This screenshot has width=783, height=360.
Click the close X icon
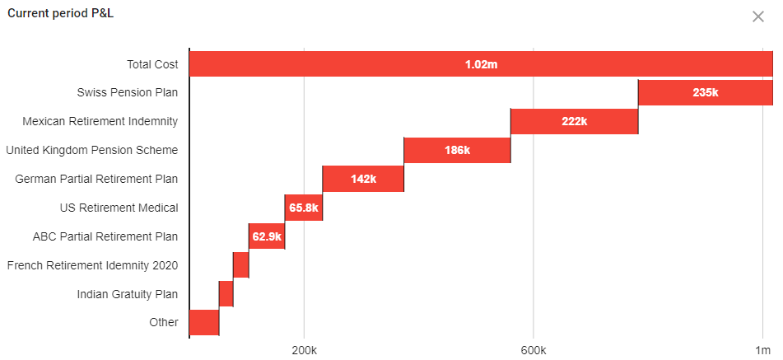pyautogui.click(x=758, y=16)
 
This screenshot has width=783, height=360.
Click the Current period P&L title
pyautogui.click(x=60, y=14)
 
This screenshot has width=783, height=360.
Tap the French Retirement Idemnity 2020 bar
pyautogui.click(x=240, y=265)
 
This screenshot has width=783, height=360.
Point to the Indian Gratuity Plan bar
pyautogui.click(x=226, y=293)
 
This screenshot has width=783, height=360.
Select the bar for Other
pyautogui.click(x=204, y=322)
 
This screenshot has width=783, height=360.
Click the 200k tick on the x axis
pyautogui.click(x=304, y=351)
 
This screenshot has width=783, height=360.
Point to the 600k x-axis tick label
pyautogui.click(x=534, y=351)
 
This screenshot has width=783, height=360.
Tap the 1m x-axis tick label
pyautogui.click(x=763, y=351)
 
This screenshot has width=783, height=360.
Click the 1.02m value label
pyautogui.click(x=481, y=64)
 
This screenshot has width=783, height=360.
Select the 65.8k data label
pyautogui.click(x=303, y=208)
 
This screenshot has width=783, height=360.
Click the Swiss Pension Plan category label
pyautogui.click(x=128, y=92)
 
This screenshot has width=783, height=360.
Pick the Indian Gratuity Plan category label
pyautogui.click(x=128, y=294)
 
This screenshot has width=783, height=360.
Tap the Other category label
pyautogui.click(x=164, y=322)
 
